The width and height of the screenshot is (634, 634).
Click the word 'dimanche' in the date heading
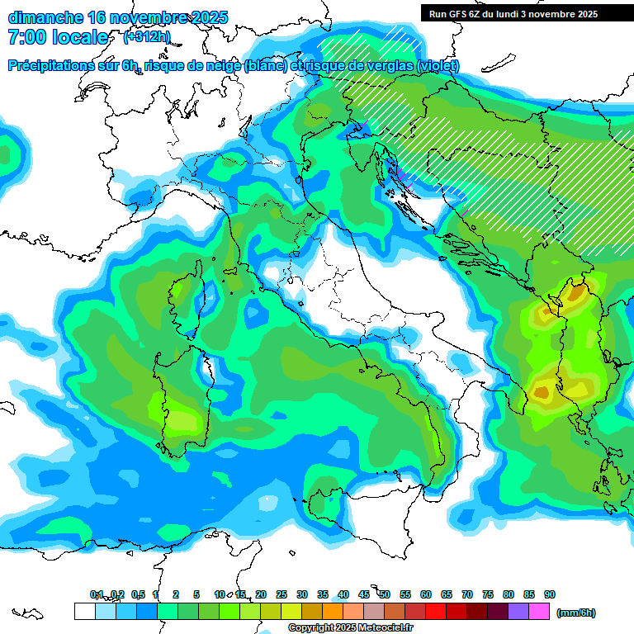(x=45, y=17)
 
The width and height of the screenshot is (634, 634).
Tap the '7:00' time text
(x=28, y=37)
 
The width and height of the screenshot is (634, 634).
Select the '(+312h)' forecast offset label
(x=146, y=37)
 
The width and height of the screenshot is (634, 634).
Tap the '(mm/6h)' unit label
(x=575, y=613)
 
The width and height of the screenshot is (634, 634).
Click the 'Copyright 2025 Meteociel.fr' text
(x=350, y=628)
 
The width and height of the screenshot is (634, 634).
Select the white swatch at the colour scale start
(x=84, y=612)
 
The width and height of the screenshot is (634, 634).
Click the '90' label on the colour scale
(x=549, y=595)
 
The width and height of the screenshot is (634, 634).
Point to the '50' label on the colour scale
(x=385, y=595)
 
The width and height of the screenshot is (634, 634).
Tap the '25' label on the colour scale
(x=282, y=595)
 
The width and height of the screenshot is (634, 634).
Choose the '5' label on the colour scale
(x=196, y=595)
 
